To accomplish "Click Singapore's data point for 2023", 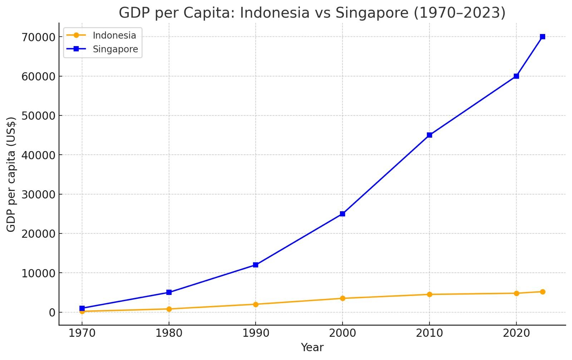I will click(542, 37).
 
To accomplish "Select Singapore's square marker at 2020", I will click(516, 76).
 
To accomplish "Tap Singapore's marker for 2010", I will click(429, 135).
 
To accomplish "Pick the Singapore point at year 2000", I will click(342, 214).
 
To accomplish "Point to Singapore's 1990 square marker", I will click(256, 265).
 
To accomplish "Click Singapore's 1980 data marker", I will click(169, 292).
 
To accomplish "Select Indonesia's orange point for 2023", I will click(542, 292).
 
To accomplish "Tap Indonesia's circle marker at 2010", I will click(429, 295).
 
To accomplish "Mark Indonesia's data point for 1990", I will click(256, 304).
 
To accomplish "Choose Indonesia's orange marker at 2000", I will click(342, 299).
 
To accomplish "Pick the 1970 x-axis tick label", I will click(82, 334).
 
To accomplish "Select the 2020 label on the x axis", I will click(516, 334).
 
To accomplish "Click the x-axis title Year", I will click(312, 347).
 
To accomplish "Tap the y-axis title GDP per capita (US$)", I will click(11, 174).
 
